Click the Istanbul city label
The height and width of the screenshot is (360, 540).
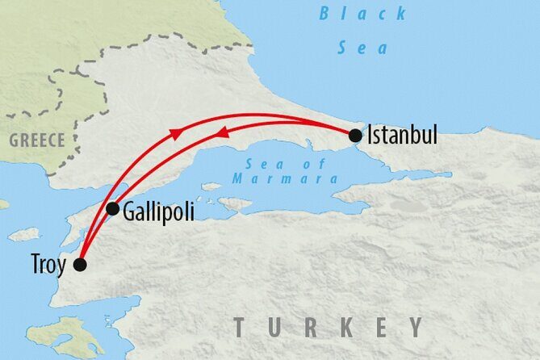(402, 136)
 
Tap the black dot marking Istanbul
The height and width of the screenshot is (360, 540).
(355, 136)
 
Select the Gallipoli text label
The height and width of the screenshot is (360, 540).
(159, 211)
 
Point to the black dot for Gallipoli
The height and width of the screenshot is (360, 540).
(113, 209)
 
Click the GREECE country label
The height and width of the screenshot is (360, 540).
(37, 140)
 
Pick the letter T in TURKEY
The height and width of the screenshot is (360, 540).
(241, 327)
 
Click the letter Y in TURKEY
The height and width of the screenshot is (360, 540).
(415, 327)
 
